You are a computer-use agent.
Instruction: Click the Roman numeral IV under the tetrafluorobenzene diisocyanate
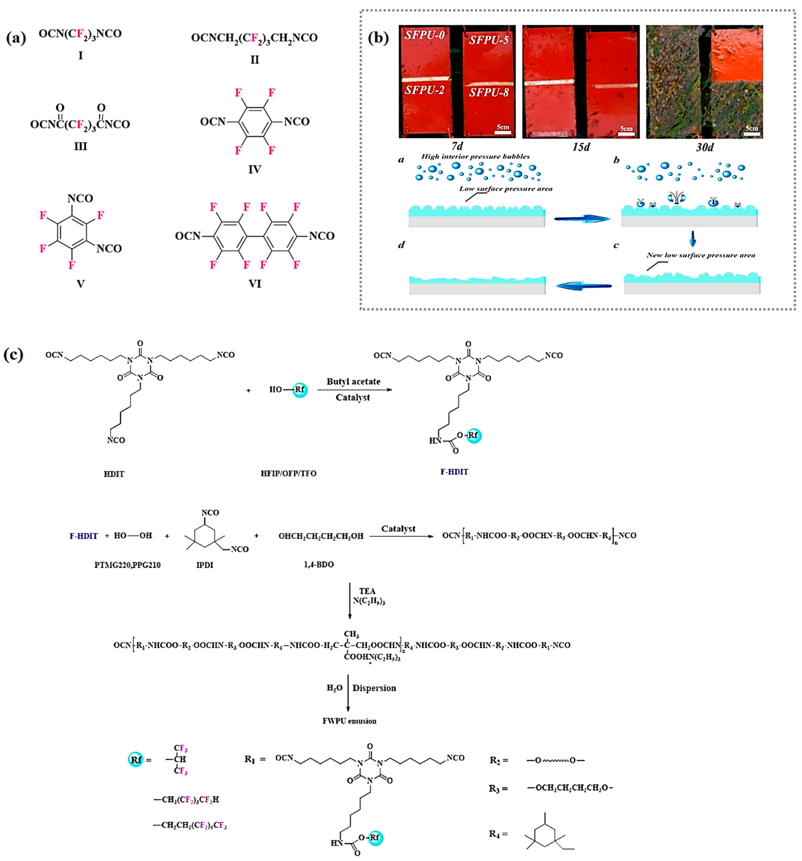(x=254, y=169)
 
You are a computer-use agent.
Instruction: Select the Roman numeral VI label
(x=254, y=284)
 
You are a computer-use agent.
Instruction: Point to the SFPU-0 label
(x=425, y=35)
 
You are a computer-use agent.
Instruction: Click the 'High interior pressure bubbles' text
(x=475, y=157)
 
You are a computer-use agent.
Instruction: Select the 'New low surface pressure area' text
(x=701, y=255)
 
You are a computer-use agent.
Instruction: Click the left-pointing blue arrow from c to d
(x=584, y=286)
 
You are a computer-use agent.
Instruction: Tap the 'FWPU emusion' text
(x=349, y=721)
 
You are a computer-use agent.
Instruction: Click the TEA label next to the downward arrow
(x=367, y=591)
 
